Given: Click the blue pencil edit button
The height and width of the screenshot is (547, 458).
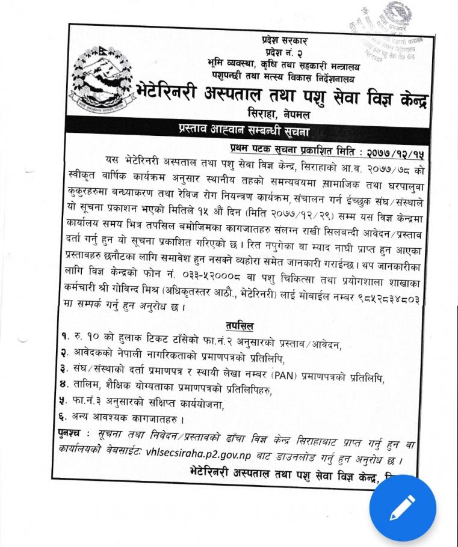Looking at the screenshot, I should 402,508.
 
